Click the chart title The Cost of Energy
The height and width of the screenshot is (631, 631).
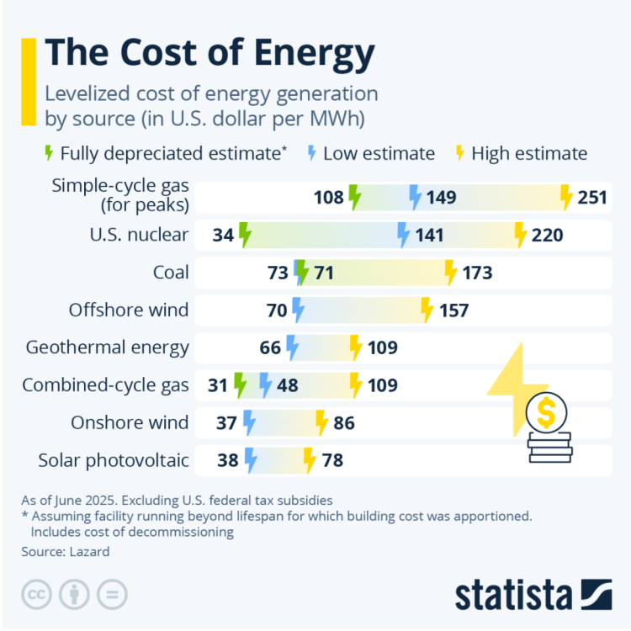(209, 54)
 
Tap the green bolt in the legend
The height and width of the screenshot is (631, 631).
(48, 153)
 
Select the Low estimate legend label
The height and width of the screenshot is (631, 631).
(379, 153)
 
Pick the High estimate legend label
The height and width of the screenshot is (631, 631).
(529, 153)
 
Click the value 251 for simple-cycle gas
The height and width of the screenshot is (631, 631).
(593, 198)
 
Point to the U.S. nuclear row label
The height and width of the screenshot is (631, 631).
(139, 235)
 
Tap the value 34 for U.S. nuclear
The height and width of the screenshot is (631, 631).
(223, 235)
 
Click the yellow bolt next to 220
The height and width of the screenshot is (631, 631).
(520, 235)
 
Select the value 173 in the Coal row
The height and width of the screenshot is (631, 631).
(477, 273)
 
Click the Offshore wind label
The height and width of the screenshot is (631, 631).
(129, 310)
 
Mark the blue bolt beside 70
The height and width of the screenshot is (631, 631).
(298, 310)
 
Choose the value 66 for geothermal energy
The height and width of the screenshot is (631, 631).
(270, 347)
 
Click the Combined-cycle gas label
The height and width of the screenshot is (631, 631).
(106, 385)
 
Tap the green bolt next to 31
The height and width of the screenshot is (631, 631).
(240, 385)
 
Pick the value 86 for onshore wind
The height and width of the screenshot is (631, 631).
(344, 422)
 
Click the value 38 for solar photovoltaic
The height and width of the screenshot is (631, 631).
(228, 460)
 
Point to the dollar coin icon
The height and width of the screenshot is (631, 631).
(546, 413)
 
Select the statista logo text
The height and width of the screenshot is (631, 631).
(514, 594)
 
